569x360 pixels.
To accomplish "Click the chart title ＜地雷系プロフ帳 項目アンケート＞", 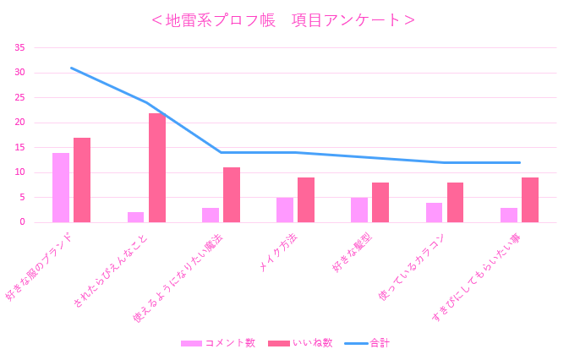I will point(283,20).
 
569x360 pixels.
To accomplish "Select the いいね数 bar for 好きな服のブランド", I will point(82,180).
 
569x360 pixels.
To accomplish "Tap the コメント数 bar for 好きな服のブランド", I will point(61,188).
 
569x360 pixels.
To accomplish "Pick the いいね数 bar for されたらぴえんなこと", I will point(157,167).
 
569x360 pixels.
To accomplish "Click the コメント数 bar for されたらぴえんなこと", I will point(135,217).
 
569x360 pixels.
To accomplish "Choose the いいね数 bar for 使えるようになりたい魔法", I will point(232,194).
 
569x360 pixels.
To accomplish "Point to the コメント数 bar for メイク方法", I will point(285,210).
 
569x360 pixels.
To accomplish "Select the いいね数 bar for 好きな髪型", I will point(380,202).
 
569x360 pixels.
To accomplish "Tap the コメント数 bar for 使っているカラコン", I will point(434,212).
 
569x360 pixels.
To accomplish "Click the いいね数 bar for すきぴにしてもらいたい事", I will point(530,199).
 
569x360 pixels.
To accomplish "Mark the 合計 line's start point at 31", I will point(71,68).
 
